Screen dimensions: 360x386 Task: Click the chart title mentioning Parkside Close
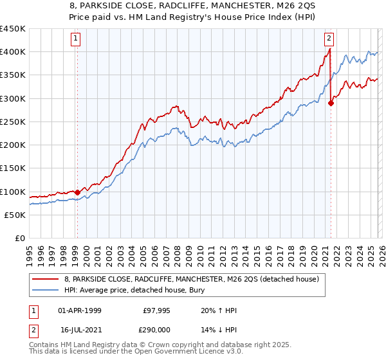click(x=193, y=6)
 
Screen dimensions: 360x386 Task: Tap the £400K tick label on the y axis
click(x=13, y=52)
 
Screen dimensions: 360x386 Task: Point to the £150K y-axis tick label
click(x=13, y=168)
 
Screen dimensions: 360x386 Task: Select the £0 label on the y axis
click(x=20, y=239)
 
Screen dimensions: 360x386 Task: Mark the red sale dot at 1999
click(x=77, y=192)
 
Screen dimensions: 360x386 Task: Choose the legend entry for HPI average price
click(x=154, y=290)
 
